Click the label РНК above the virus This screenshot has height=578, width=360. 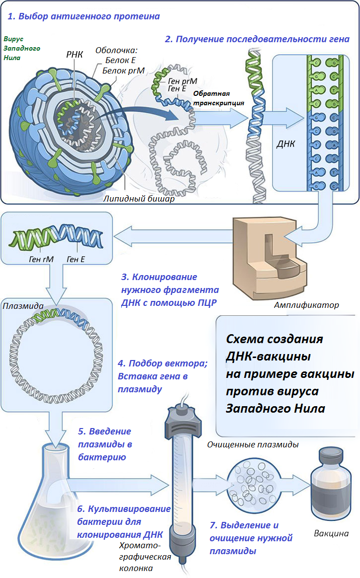click(x=74, y=54)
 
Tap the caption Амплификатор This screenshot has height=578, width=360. click(x=306, y=305)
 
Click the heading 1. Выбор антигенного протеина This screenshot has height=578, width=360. click(x=83, y=16)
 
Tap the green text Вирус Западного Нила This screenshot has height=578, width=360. click(x=22, y=48)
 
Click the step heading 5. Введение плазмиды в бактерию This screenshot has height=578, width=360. click(x=105, y=443)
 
